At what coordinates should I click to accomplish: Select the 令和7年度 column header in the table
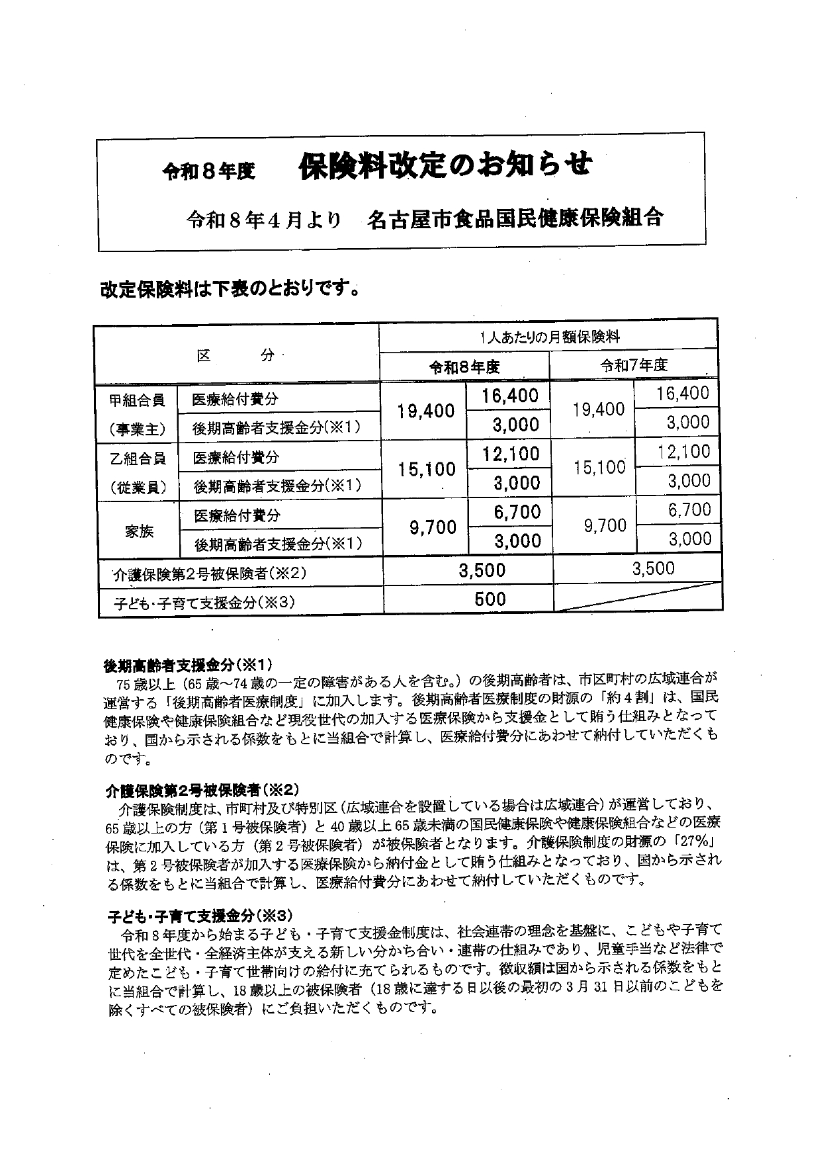click(634, 365)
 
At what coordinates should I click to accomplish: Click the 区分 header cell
click(236, 355)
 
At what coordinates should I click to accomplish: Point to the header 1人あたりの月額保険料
click(550, 337)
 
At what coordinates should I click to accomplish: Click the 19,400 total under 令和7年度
click(599, 409)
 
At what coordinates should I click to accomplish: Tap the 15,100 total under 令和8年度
click(427, 469)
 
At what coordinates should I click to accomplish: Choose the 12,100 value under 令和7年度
click(683, 452)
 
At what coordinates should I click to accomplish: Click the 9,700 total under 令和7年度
click(605, 525)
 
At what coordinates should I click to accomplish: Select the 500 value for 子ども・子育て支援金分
click(490, 599)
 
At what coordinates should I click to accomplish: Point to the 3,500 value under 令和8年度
click(482, 570)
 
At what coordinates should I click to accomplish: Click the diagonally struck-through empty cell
click(637, 598)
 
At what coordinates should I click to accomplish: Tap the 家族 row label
click(139, 531)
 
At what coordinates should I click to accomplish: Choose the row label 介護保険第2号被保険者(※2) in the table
click(210, 574)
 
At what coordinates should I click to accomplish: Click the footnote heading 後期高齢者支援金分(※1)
click(188, 664)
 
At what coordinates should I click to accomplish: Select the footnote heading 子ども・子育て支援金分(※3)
click(199, 916)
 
